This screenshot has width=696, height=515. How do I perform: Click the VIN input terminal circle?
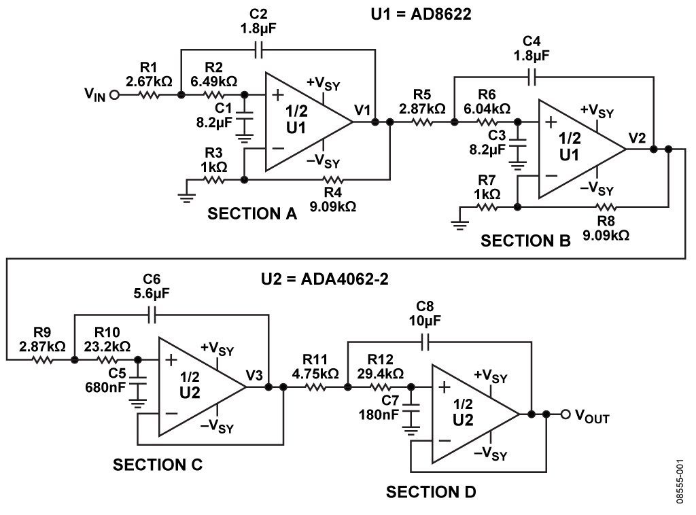click(x=114, y=94)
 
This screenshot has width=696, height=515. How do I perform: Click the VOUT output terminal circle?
click(x=565, y=414)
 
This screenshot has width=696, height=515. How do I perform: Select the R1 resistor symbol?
click(x=149, y=94)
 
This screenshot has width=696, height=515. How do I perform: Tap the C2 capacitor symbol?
click(x=259, y=50)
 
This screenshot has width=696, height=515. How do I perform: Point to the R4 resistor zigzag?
click(x=333, y=179)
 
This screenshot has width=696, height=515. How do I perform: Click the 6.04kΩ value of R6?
click(x=487, y=109)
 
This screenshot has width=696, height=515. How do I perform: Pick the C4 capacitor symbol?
click(x=532, y=77)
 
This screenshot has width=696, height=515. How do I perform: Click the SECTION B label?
click(x=525, y=241)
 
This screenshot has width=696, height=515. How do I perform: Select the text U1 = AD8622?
click(x=421, y=14)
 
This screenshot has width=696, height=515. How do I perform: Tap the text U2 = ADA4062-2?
click(x=324, y=279)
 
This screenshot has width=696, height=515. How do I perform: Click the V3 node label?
click(x=254, y=376)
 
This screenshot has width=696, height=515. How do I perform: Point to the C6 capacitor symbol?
click(x=152, y=315)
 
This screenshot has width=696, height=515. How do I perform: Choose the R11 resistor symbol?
click(x=315, y=387)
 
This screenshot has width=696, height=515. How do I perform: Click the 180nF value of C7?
click(x=379, y=414)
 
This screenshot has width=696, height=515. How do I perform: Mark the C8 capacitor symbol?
click(x=425, y=342)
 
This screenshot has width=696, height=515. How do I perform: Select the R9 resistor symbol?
click(x=42, y=359)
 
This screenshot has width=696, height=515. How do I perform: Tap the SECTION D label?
click(x=430, y=491)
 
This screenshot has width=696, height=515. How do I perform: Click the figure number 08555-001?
click(x=680, y=481)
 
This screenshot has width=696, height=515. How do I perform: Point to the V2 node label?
click(x=637, y=138)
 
